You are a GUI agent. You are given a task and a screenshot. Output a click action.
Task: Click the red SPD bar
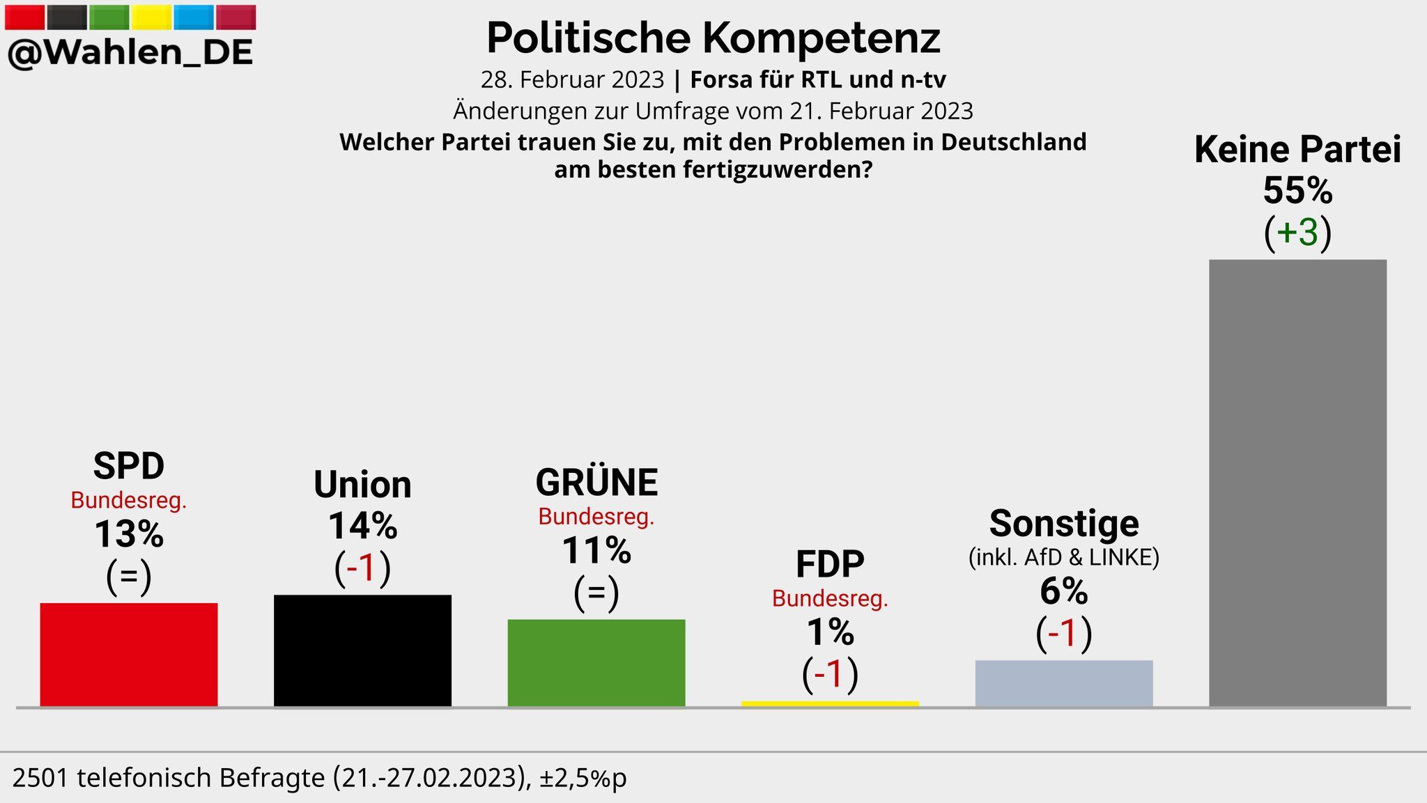tap(129, 655)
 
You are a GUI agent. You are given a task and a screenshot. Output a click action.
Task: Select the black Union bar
tap(362, 650)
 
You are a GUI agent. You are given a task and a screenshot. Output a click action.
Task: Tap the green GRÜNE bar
tap(596, 662)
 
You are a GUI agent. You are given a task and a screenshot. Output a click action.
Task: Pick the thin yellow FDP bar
tap(830, 703)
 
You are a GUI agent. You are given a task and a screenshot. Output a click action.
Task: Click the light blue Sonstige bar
tap(1064, 683)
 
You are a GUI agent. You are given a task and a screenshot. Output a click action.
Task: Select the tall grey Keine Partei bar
tap(1297, 483)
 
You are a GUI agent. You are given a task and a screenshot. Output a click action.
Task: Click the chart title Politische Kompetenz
tap(713, 38)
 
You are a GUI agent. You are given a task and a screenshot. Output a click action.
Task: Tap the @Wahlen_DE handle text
tap(130, 53)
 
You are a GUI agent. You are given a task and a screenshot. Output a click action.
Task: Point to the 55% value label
tap(1297, 190)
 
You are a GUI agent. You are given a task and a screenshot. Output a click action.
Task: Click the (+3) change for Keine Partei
tap(1297, 232)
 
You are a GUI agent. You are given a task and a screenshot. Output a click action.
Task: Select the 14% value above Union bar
tap(362, 526)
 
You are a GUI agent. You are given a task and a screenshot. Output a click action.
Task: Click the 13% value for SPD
tap(129, 535)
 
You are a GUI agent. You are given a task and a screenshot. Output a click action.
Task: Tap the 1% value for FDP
tap(830, 633)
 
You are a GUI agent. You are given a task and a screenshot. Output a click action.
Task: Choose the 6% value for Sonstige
tap(1064, 592)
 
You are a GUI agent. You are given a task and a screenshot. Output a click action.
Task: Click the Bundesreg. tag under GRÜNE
tap(596, 517)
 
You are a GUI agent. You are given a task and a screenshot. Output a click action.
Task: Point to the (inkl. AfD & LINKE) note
tap(1064, 557)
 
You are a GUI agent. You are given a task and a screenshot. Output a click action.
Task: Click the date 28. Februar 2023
tap(572, 80)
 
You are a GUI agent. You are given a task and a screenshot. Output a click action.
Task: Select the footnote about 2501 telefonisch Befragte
tap(319, 778)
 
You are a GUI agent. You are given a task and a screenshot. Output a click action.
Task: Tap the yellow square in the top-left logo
tap(151, 17)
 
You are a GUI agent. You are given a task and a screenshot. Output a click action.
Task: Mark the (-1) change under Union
tap(362, 568)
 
